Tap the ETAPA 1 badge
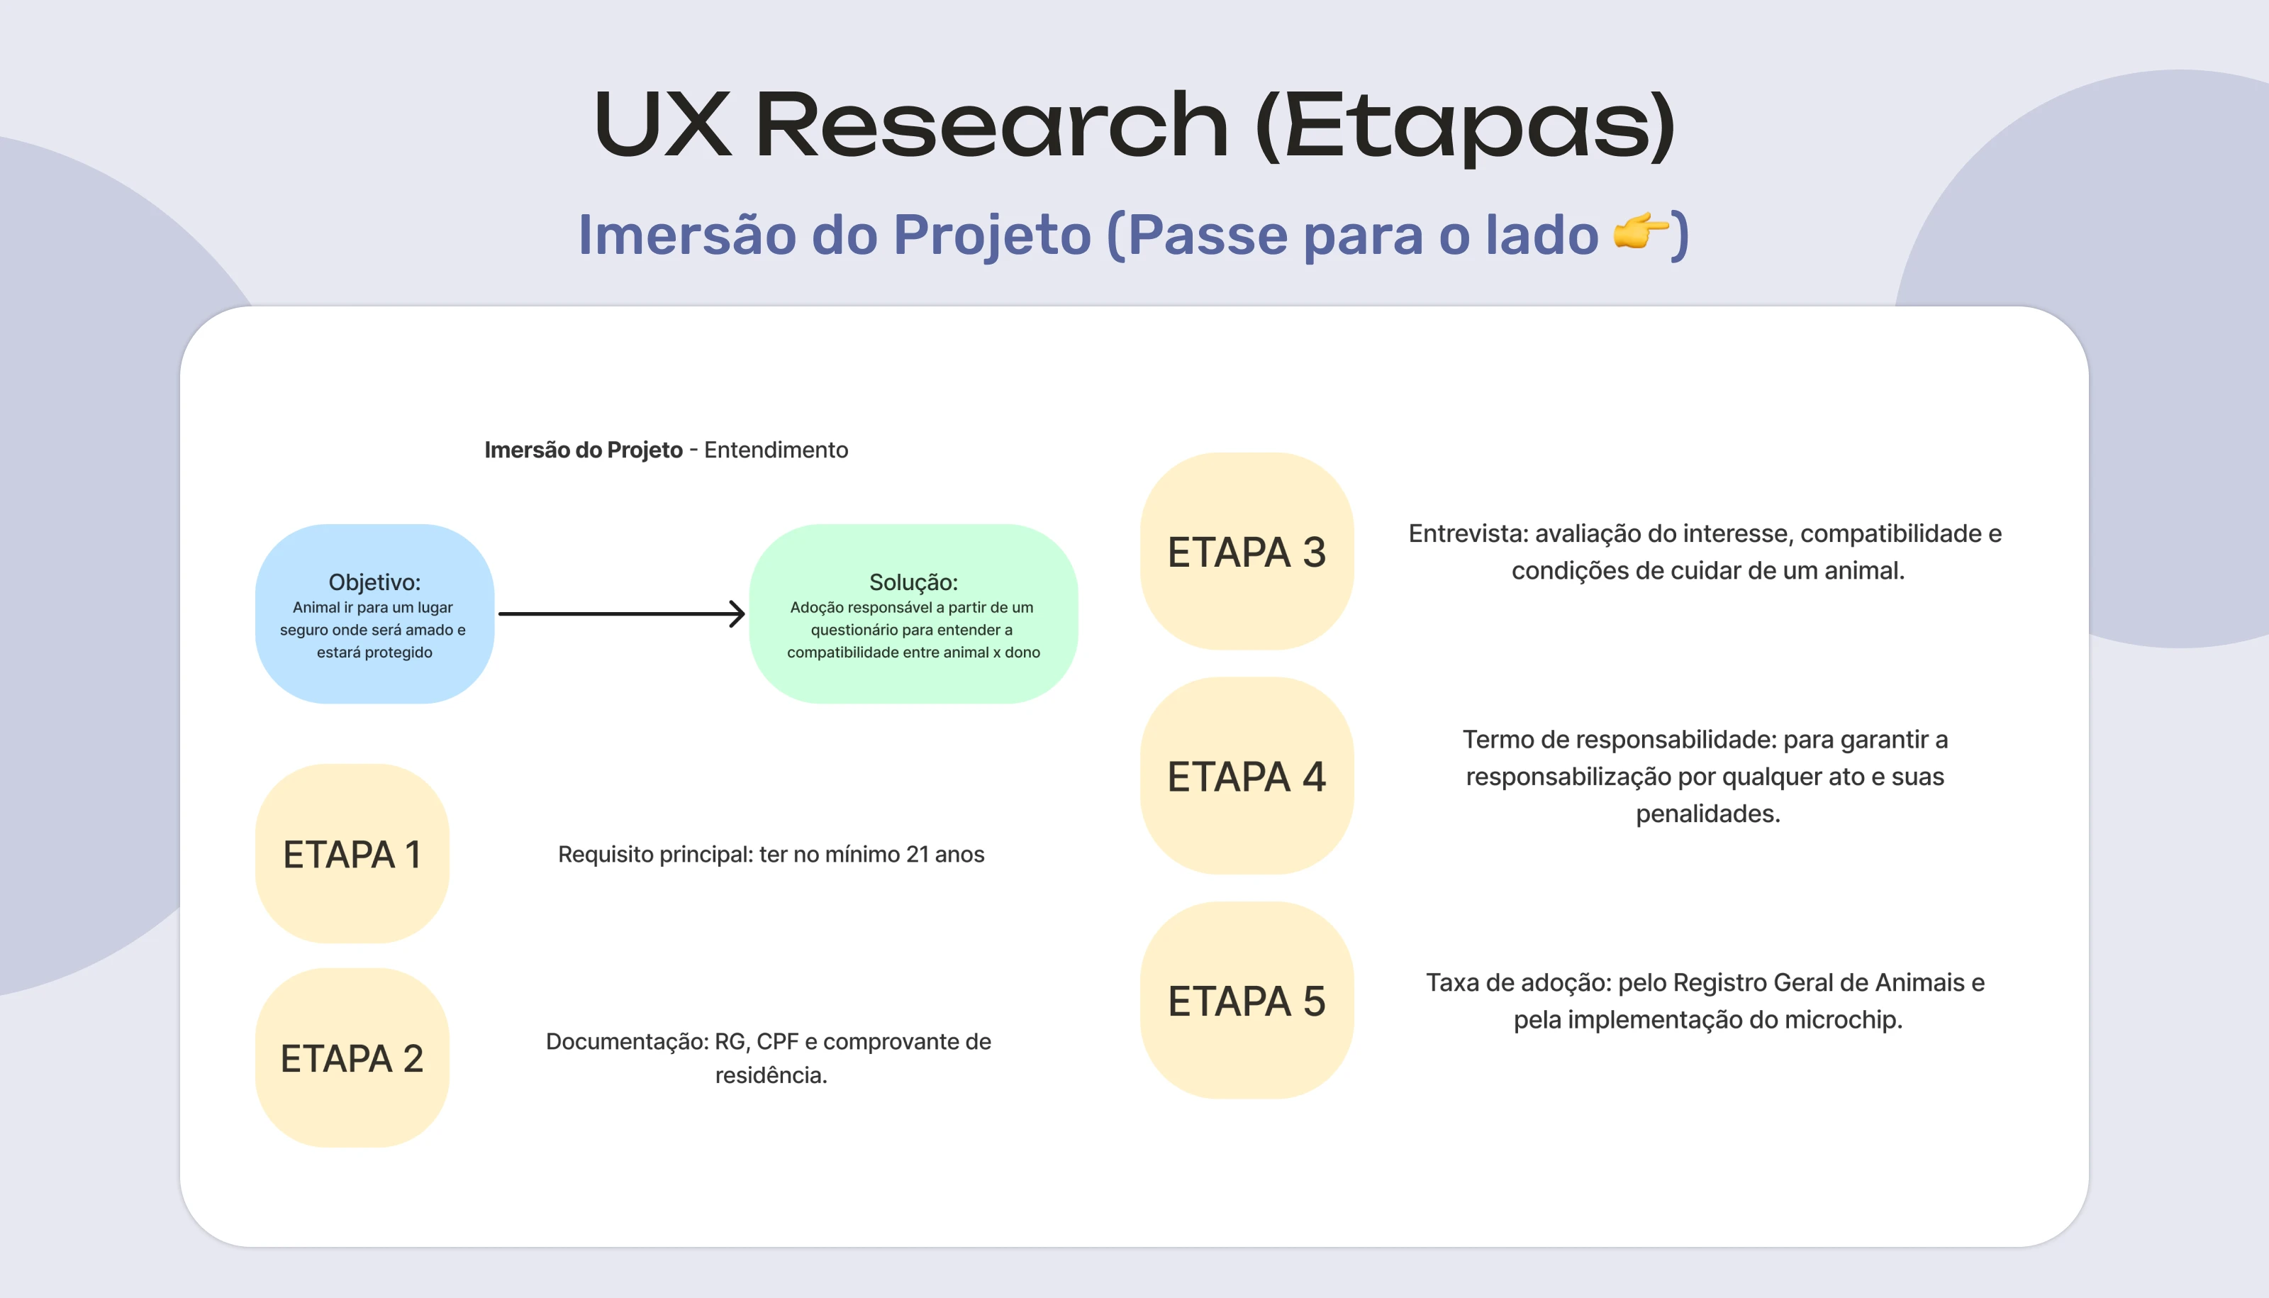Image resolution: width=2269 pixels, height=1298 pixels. (x=352, y=853)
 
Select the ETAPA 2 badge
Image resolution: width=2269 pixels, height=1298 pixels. (x=352, y=1058)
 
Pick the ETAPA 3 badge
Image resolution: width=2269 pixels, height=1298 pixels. (x=1246, y=551)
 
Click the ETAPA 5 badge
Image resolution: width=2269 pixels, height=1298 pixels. (x=1246, y=1000)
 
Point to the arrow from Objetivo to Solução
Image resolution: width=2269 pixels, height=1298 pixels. (x=621, y=614)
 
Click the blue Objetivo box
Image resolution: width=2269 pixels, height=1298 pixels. (x=374, y=614)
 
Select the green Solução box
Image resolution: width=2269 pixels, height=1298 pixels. (x=913, y=614)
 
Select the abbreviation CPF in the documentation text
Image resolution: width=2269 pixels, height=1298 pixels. (x=777, y=1041)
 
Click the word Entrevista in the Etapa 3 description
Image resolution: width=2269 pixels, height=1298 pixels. (x=1468, y=533)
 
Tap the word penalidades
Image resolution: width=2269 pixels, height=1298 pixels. (x=1707, y=814)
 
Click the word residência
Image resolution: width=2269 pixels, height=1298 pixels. (x=771, y=1075)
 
